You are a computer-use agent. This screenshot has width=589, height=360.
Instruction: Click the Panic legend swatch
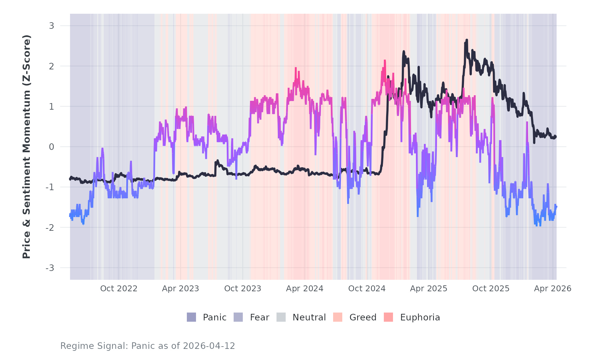191,317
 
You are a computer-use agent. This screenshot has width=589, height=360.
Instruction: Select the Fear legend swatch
238,317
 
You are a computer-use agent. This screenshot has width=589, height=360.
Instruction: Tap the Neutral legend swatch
281,317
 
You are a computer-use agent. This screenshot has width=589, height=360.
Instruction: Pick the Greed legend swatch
338,317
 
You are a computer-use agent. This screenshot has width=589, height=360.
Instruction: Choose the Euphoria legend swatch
388,317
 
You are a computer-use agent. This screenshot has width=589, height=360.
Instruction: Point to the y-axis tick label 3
51,26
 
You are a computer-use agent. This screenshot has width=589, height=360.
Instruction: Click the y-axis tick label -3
50,268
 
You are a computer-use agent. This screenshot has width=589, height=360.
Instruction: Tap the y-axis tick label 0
51,147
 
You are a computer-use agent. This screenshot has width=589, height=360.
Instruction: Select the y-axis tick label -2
50,227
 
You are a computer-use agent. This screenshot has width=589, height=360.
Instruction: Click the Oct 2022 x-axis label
119,289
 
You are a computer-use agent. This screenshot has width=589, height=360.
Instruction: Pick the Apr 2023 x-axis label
181,289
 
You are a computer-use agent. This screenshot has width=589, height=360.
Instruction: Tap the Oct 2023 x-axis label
243,289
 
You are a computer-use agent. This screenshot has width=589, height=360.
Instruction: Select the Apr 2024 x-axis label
305,289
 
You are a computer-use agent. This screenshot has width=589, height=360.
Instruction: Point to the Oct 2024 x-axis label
367,289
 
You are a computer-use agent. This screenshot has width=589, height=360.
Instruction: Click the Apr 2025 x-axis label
429,289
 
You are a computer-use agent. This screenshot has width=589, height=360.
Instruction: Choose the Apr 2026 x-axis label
553,289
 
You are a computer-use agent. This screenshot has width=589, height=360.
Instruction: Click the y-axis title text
27,147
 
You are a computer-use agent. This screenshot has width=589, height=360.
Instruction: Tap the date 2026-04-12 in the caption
209,346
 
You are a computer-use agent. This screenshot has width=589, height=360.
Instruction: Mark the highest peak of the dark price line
467,40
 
